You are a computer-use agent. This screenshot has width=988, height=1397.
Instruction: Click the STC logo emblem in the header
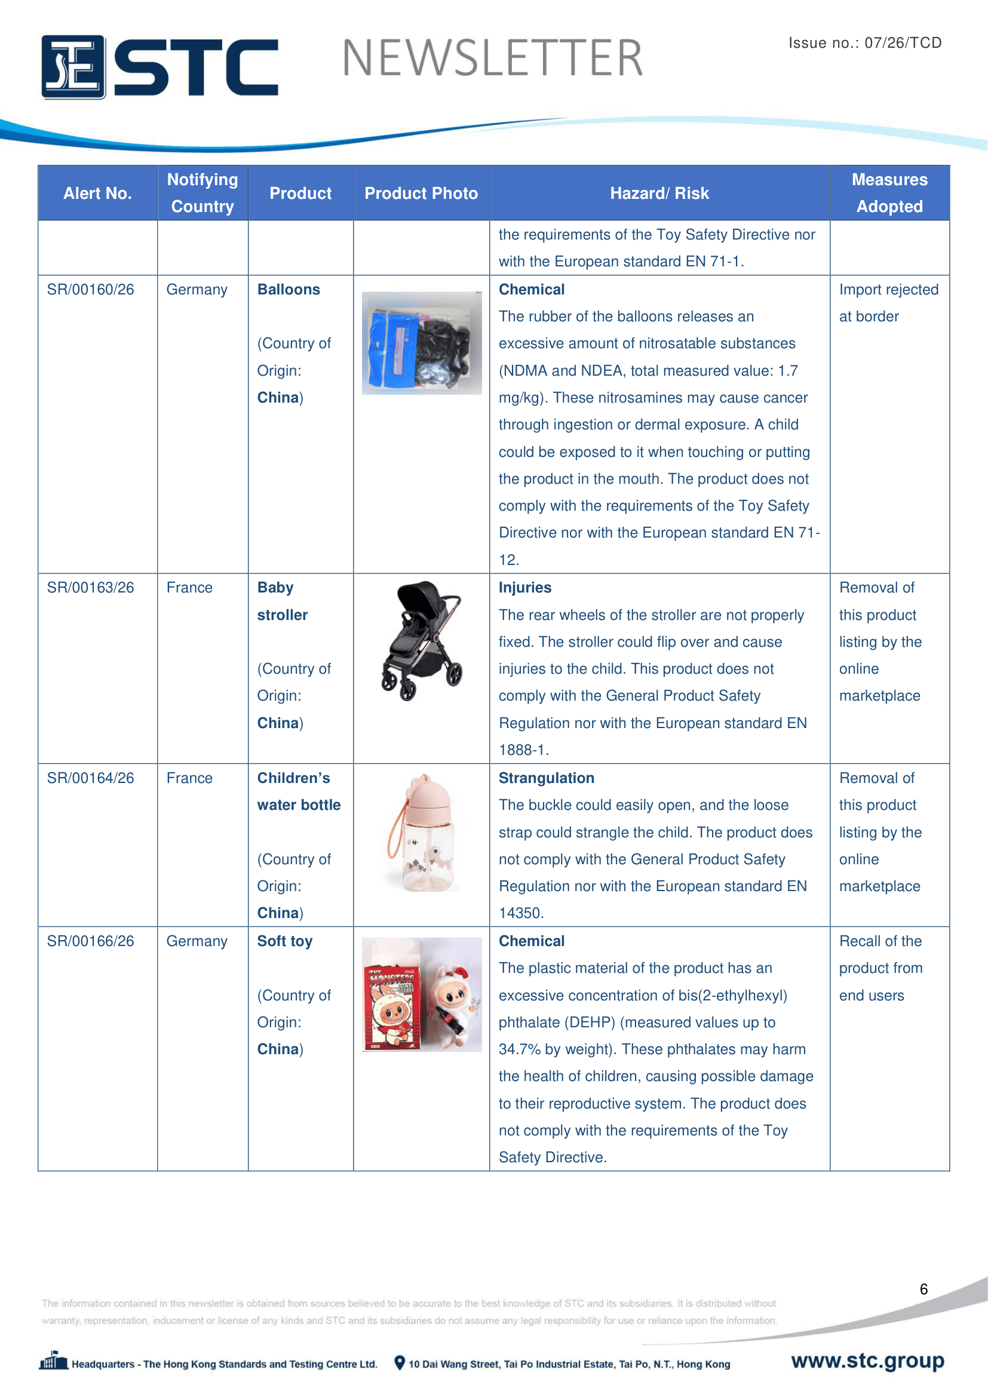click(73, 67)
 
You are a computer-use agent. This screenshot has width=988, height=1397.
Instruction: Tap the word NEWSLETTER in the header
click(492, 59)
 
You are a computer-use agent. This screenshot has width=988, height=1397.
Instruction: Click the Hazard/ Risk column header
click(659, 194)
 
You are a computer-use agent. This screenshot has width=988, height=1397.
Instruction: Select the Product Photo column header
click(421, 194)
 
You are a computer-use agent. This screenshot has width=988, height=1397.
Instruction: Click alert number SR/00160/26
click(91, 290)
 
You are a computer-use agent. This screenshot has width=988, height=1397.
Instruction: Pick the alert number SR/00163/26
click(91, 588)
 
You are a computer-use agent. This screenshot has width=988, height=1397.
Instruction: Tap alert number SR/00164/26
click(91, 778)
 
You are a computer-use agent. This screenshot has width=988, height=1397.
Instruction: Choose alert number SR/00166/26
click(91, 941)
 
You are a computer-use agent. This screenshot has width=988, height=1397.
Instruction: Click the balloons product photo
click(422, 343)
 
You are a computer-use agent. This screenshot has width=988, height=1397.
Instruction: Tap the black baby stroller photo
click(422, 641)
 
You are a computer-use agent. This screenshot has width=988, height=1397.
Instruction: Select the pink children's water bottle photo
click(422, 833)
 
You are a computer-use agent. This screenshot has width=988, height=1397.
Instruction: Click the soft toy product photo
click(422, 995)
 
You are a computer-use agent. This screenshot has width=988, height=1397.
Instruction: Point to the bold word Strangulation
click(547, 778)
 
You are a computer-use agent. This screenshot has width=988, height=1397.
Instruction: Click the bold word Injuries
click(525, 588)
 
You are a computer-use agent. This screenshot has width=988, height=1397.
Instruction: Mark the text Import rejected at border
click(888, 303)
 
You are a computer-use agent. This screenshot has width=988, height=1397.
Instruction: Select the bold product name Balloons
click(289, 290)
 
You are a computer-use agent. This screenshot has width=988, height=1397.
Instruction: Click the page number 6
click(923, 1289)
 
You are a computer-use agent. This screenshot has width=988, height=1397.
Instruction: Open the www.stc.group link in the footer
click(867, 1361)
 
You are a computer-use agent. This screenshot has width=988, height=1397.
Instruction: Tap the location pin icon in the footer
click(400, 1363)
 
